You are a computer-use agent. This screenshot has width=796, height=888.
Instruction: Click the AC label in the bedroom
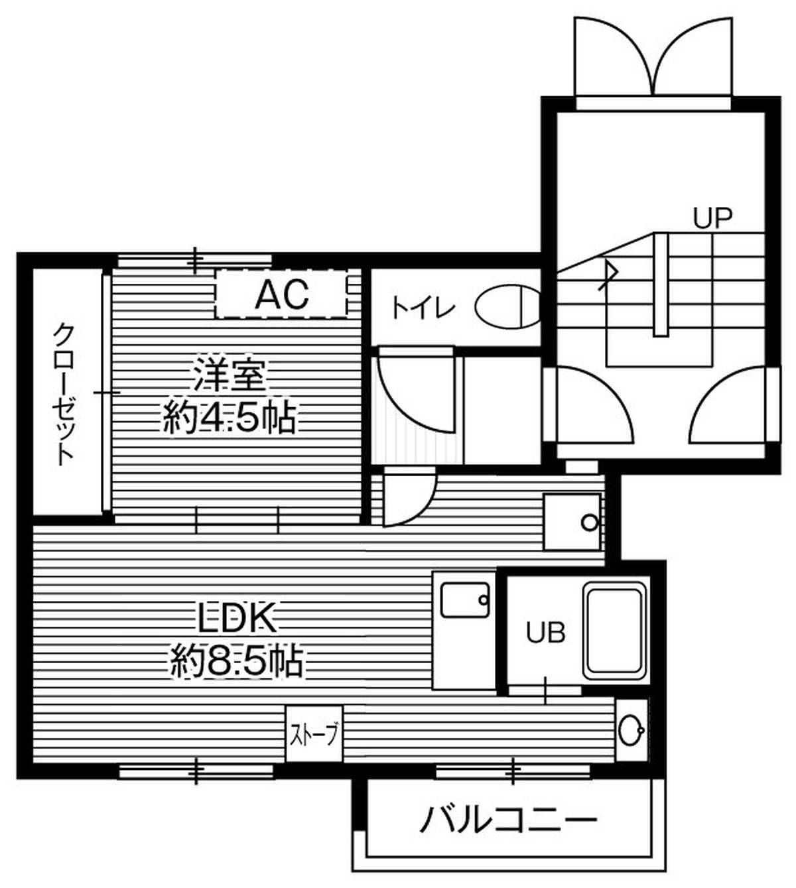(283, 294)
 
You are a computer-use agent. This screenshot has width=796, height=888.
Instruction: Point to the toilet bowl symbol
(508, 306)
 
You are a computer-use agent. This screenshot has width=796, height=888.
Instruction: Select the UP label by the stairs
(712, 218)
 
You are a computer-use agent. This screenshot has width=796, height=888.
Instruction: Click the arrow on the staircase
(609, 275)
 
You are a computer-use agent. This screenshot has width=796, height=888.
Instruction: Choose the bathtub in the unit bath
(616, 633)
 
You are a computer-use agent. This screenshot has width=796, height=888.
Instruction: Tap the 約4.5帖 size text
(229, 418)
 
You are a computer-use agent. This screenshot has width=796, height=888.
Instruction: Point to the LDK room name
(237, 618)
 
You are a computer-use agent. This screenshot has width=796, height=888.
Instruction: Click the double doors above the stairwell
(653, 56)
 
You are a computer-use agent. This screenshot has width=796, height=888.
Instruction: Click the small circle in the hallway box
(589, 523)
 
